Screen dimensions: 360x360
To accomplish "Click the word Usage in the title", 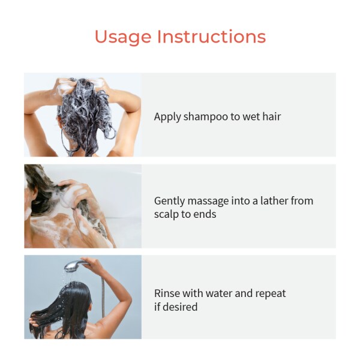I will pos(123,37).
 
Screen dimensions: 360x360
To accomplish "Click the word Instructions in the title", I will pos(211,37).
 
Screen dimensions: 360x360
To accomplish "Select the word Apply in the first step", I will pos(167,117).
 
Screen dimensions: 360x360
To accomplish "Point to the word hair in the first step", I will pos(271,116).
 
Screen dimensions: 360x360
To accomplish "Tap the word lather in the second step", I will pos(271,201).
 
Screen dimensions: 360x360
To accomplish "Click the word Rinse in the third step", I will pos(167,293).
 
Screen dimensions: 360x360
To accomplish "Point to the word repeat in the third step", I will pos(269,294).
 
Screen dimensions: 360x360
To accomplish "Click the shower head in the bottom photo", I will pos(74,265).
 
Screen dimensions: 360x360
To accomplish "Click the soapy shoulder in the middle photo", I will pos(51,231).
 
